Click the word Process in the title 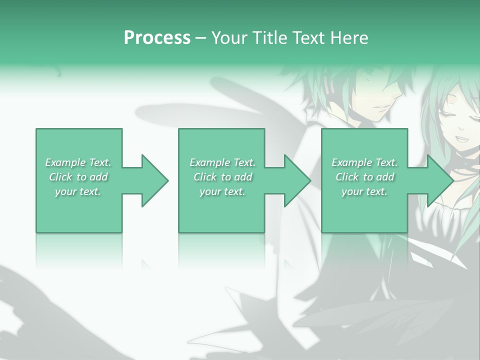coord(157,38)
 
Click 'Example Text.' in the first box coord(78,162)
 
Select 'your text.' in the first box coord(78,191)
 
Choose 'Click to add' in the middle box coord(222,177)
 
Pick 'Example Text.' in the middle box coord(222,162)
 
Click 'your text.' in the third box coord(364,191)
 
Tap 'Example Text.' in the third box coord(364,162)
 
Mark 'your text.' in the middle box coord(222,191)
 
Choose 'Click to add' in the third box coord(364,177)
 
